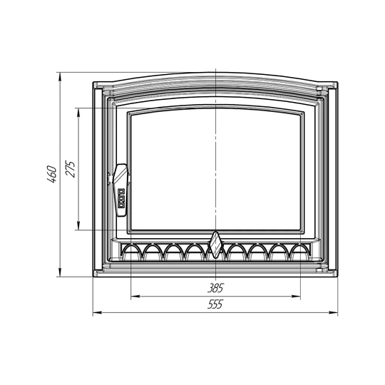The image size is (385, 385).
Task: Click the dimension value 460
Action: pyautogui.click(x=52, y=175)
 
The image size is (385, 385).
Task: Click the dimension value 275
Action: pyautogui.click(x=70, y=169)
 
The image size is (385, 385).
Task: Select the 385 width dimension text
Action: pyautogui.click(x=215, y=288)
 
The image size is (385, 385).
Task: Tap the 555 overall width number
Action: pyautogui.click(x=215, y=304)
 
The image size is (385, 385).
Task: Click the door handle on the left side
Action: pyautogui.click(x=121, y=190)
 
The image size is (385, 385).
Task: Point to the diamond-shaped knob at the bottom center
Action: pyautogui.click(x=215, y=245)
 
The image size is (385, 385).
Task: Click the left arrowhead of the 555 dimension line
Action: pyautogui.click(x=97, y=312)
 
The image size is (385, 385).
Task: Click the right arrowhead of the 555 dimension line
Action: pyautogui.click(x=334, y=312)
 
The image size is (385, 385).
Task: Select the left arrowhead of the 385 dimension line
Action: pyautogui.click(x=135, y=297)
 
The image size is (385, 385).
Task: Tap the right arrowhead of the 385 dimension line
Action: pyautogui.click(x=296, y=297)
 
